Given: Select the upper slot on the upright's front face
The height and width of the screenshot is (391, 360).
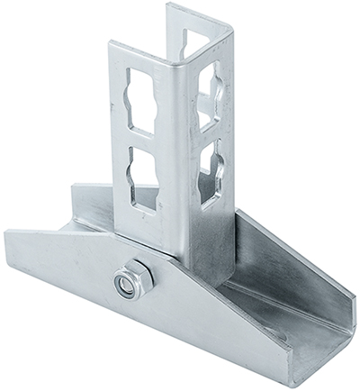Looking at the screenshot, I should [x=142, y=97].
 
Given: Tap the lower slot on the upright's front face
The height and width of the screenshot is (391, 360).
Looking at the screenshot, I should [x=145, y=177].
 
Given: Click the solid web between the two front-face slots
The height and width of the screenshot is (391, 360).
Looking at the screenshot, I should [x=144, y=140].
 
